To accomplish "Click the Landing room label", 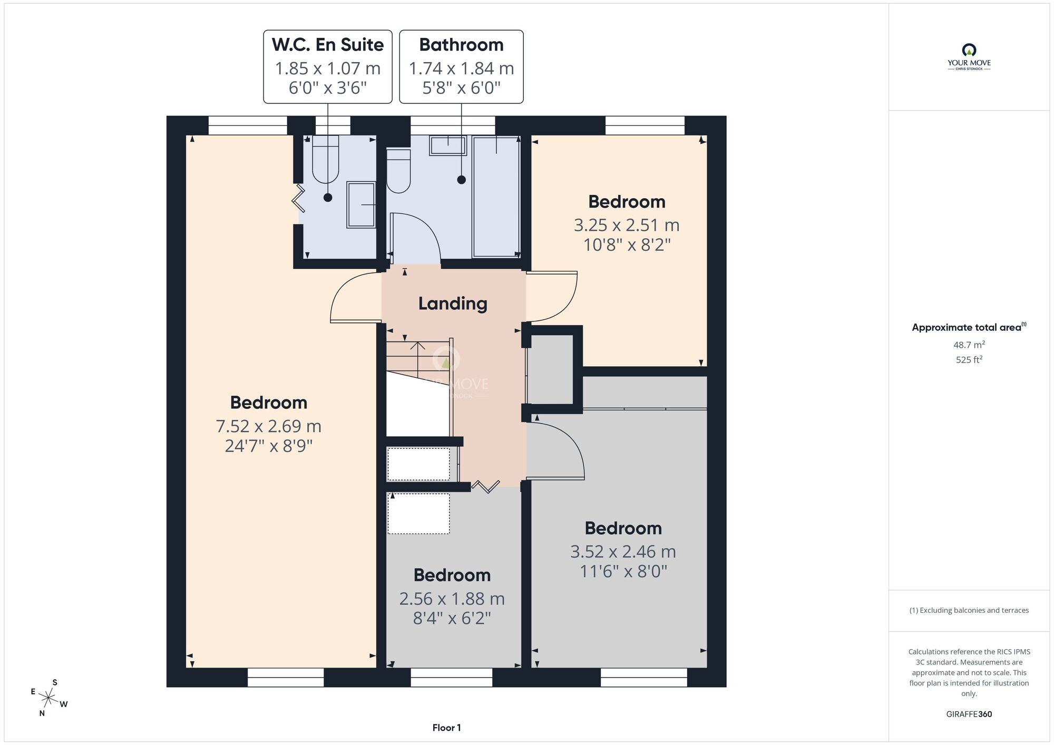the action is [x=453, y=304].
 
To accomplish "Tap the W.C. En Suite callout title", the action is [x=328, y=45].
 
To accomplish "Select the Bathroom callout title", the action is [x=461, y=45].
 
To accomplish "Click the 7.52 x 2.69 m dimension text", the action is [x=269, y=426].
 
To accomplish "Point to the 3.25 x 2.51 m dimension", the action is [x=627, y=225].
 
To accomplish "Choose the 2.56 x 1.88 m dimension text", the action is [x=452, y=599].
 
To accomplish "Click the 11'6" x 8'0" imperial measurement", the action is [x=623, y=571].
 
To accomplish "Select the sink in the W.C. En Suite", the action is [x=361, y=205].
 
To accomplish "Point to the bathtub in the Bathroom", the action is [x=496, y=197].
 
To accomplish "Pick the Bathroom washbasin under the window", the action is [x=448, y=145].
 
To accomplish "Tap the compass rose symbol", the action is [x=48, y=699].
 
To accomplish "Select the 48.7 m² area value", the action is [x=969, y=345].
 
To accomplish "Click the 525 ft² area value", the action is [x=969, y=360].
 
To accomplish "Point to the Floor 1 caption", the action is [x=446, y=728].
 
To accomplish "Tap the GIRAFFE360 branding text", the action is [x=969, y=714].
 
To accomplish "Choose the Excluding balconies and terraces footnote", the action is [x=969, y=610].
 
